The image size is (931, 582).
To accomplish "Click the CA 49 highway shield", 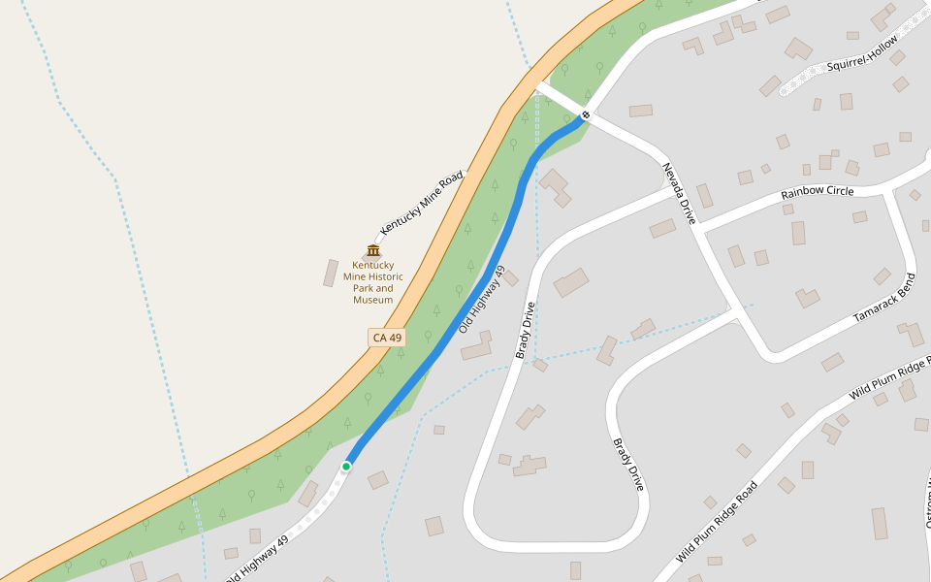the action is point(387,338).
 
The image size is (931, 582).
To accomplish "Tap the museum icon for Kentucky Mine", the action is point(373,250).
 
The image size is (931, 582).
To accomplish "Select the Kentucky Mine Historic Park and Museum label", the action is point(373,282).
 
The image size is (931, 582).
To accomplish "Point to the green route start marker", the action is point(346,467).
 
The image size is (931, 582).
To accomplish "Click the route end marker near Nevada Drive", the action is point(585,116).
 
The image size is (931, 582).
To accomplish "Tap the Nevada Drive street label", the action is point(679,193).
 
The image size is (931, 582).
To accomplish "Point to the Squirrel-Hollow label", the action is point(863,60).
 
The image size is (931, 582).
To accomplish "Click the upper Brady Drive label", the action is point(526,330).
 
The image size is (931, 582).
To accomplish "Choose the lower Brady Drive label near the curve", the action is point(628,464).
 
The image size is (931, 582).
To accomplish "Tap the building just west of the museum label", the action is point(331,273).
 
